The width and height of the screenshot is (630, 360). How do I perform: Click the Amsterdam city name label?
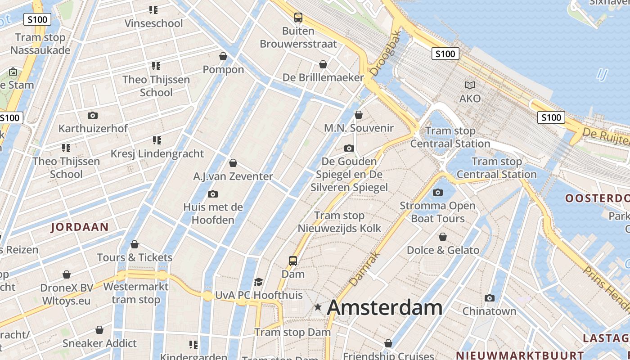click(384, 308)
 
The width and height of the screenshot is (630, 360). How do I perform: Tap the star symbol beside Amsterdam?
click(318, 307)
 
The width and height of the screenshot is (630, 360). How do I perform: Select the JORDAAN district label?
click(80, 227)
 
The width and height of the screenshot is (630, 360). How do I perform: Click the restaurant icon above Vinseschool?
click(153, 9)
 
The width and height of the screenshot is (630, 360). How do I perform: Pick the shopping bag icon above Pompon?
click(223, 56)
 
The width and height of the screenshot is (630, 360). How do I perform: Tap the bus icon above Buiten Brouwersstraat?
click(298, 18)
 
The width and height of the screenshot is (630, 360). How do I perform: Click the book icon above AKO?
click(470, 85)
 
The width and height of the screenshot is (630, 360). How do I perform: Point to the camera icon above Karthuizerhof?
click(93, 115)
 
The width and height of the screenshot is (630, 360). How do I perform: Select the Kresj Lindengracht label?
click(157, 153)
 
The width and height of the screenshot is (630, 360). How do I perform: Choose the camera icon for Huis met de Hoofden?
click(213, 194)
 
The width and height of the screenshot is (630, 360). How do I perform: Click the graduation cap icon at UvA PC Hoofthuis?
click(258, 282)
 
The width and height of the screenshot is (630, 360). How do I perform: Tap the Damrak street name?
click(365, 269)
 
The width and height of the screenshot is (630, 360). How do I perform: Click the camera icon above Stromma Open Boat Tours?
click(437, 193)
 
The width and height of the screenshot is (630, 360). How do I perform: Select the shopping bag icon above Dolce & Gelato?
click(443, 237)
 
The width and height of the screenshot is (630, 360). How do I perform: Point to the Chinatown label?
click(489, 311)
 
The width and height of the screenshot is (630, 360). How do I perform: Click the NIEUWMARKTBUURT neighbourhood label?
click(520, 355)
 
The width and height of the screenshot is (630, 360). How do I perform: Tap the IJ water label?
click(602, 74)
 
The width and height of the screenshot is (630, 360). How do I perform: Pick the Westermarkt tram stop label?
click(136, 293)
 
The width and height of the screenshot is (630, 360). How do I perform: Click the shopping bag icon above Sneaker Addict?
click(99, 330)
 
